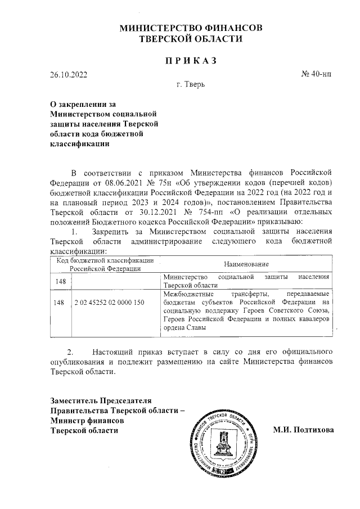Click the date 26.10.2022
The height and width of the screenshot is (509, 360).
(x=69, y=74)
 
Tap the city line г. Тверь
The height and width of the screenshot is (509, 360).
(x=191, y=85)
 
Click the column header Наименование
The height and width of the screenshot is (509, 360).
(x=246, y=264)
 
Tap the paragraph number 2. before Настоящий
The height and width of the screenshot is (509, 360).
(x=71, y=349)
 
